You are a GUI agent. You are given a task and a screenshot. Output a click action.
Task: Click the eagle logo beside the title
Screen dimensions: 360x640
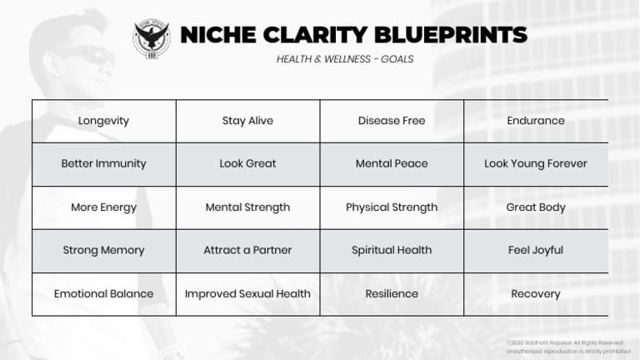[151, 38]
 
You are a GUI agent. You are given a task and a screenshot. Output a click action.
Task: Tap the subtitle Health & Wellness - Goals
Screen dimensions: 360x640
[345, 59]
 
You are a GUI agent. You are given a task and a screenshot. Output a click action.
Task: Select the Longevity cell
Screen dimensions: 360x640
[103, 121]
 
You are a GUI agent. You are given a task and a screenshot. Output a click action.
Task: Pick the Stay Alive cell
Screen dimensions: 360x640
[247, 121]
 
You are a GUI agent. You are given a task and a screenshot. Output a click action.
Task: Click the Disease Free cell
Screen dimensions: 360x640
[392, 121]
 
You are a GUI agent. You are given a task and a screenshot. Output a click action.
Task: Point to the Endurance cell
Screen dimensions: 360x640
[536, 121]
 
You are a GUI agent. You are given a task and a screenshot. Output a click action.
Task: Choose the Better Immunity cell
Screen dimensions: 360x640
[103, 164]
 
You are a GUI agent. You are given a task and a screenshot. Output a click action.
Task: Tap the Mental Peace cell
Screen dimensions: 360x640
[392, 164]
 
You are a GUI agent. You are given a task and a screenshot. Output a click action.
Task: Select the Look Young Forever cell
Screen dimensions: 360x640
[536, 164]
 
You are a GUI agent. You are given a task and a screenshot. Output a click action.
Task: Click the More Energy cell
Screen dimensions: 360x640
[103, 207]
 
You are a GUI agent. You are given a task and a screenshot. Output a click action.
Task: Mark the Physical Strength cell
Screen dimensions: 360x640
[392, 207]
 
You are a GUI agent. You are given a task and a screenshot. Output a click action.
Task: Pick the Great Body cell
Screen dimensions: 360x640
[536, 207]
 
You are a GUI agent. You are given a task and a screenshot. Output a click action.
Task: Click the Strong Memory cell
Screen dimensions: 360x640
[103, 250]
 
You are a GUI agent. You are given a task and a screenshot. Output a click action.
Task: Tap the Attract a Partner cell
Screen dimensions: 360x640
[247, 250]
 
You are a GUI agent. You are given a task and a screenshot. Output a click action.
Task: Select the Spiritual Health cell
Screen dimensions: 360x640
[392, 250]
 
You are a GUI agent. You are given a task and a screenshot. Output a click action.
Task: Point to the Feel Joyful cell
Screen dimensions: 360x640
[536, 250]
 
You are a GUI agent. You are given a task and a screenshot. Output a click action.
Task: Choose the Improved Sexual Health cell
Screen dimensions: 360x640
[247, 293]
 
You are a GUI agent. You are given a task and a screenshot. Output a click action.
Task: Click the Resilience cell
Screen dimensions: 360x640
[392, 293]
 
